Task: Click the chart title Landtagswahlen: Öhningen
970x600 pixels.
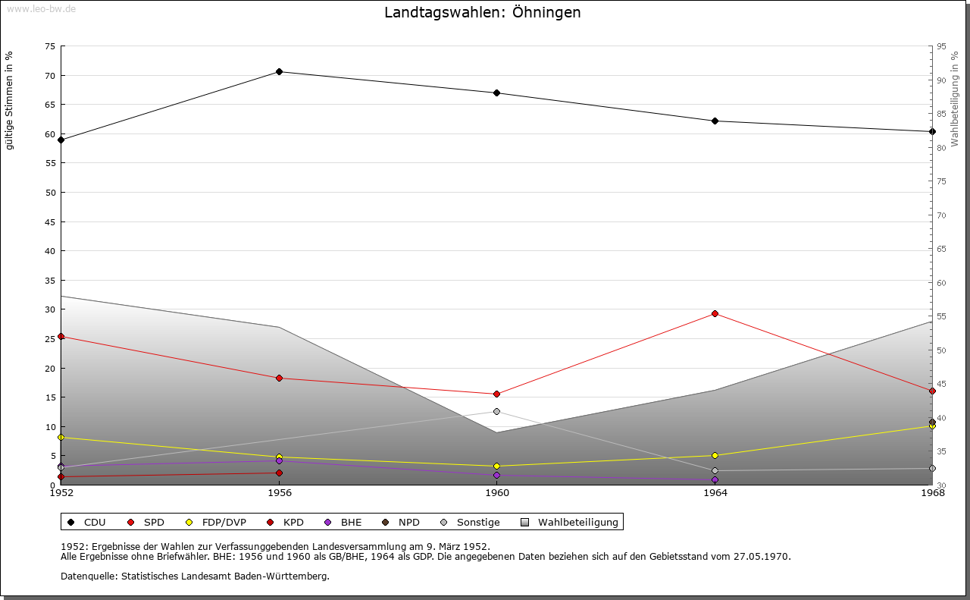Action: coord(483,13)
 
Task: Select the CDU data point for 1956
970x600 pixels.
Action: coord(279,72)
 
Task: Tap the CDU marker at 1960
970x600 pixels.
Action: coord(497,93)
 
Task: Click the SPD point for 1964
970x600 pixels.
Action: coord(715,314)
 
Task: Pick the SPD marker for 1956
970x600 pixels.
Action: coord(279,379)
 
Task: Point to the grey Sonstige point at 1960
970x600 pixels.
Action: coord(497,412)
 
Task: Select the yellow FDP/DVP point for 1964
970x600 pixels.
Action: coord(715,456)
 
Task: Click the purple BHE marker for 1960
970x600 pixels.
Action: coord(497,476)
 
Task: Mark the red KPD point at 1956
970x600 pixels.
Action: coord(279,473)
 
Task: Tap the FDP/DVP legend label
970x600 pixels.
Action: coord(224,523)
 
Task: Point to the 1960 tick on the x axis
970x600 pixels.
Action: coord(497,493)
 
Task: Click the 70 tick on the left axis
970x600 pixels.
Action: coord(50,76)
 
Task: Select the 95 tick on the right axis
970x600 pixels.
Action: coord(940,47)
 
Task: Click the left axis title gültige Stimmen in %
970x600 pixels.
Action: coord(10,100)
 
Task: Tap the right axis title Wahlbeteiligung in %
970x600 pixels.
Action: coord(955,99)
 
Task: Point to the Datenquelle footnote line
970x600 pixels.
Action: coord(195,576)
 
